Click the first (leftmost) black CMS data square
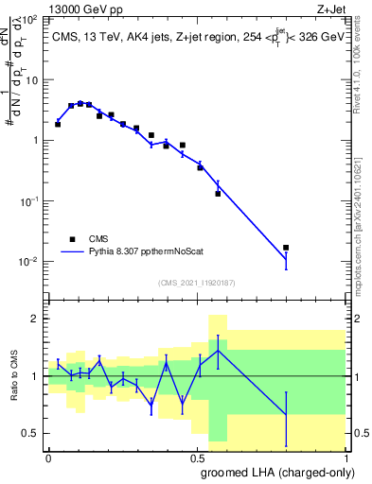58,124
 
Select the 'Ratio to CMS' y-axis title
13,376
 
